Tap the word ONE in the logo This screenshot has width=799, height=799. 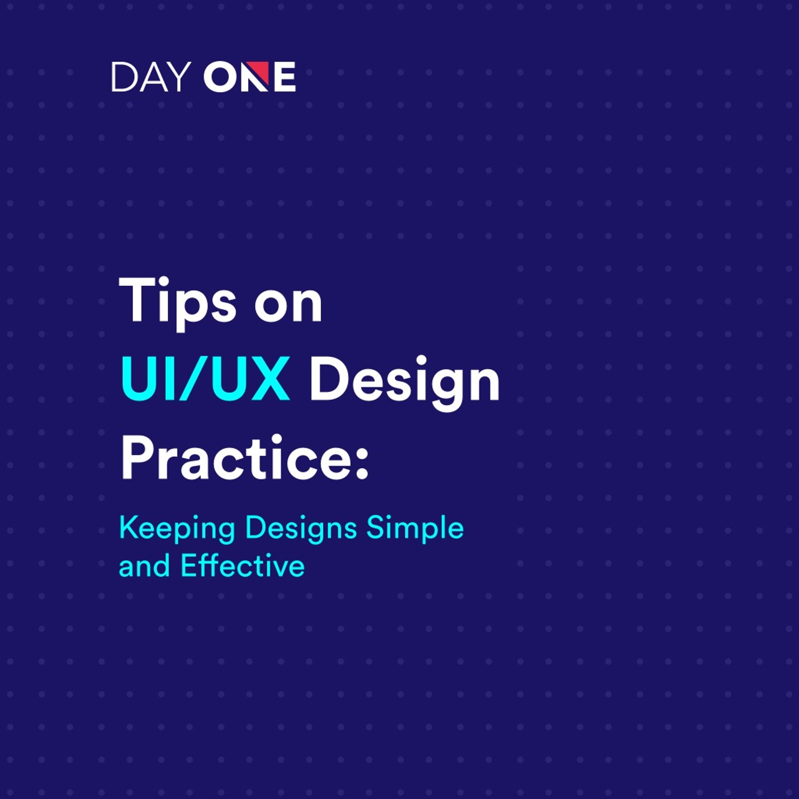249,76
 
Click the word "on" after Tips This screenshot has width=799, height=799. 288,308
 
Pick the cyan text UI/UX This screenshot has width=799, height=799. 205,378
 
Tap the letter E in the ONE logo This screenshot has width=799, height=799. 285,76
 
